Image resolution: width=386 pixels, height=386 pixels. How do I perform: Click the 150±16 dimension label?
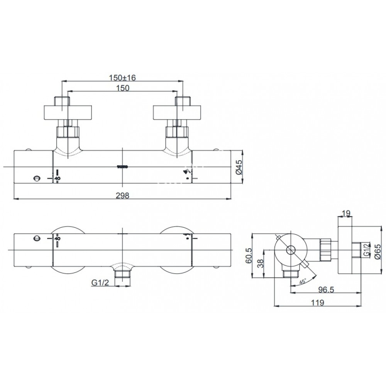pyautogui.click(x=122, y=78)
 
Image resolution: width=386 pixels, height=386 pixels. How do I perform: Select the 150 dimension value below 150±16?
pyautogui.click(x=122, y=88)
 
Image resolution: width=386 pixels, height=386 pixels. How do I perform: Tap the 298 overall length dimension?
pyautogui.click(x=122, y=195)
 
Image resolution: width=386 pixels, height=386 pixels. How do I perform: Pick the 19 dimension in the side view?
pyautogui.click(x=346, y=213)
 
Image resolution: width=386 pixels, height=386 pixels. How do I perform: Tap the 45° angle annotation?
pyautogui.click(x=302, y=281)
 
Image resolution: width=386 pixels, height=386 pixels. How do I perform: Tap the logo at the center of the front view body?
pyautogui.click(x=122, y=167)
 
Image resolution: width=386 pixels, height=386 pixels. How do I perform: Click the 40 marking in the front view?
pyautogui.click(x=57, y=178)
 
